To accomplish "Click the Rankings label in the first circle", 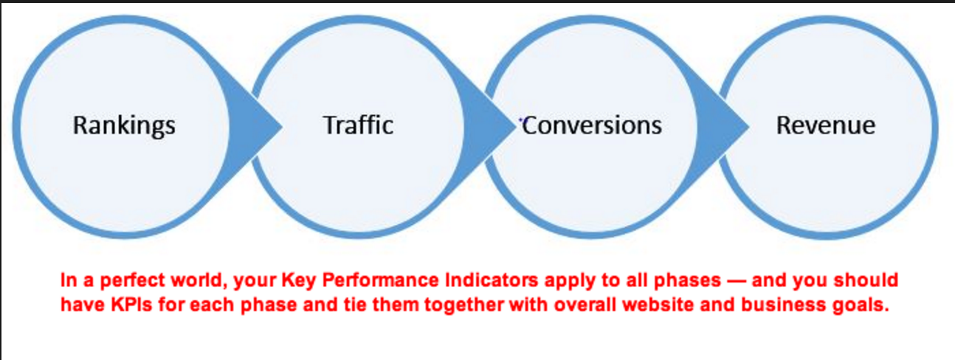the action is coord(124,126).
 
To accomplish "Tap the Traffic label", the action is coord(358,125).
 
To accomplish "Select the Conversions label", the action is coord(592,125).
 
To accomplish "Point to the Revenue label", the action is coord(826,125).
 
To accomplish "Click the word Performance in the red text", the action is coord(380,281).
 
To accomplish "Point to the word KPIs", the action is coord(131,305).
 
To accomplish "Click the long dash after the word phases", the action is coord(737,281).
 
